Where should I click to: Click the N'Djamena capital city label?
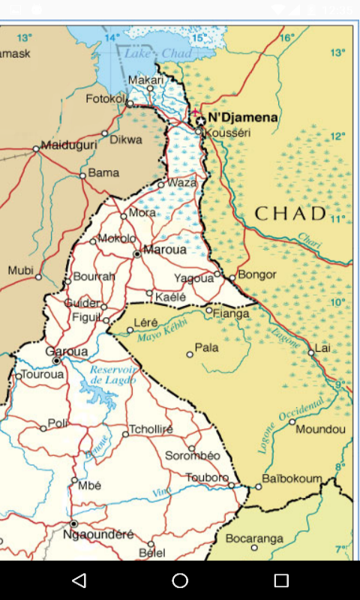pyautogui.click(x=242, y=118)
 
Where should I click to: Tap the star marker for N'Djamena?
pyautogui.click(x=200, y=121)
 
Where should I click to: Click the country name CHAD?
pyautogui.click(x=290, y=214)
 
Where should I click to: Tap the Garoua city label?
pyautogui.click(x=66, y=351)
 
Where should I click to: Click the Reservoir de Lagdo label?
pyautogui.click(x=112, y=375)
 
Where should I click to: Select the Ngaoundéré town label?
pyautogui.click(x=98, y=535)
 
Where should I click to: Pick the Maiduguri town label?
pyautogui.click(x=69, y=145)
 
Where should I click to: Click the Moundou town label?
pyautogui.click(x=320, y=429)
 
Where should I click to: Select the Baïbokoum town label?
pyautogui.click(x=292, y=478)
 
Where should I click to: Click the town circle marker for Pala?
pyautogui.click(x=190, y=355)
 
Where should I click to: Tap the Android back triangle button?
pyautogui.click(x=79, y=580)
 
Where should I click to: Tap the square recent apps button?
pyautogui.click(x=281, y=580)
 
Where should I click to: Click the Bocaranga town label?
pyautogui.click(x=254, y=538)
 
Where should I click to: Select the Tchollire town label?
pyautogui.click(x=151, y=429)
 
